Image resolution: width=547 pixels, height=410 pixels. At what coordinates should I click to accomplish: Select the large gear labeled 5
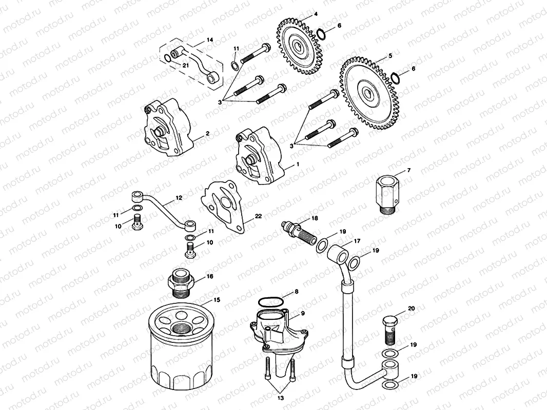[x=368, y=94]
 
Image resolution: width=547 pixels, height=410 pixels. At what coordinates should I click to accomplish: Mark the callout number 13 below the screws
[x=280, y=397]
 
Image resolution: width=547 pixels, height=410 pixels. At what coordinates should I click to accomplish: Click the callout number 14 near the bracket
[x=209, y=39]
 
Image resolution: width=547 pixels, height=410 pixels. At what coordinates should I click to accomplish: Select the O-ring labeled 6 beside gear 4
[x=320, y=34]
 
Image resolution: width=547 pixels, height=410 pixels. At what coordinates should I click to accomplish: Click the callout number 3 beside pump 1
[x=293, y=146]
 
